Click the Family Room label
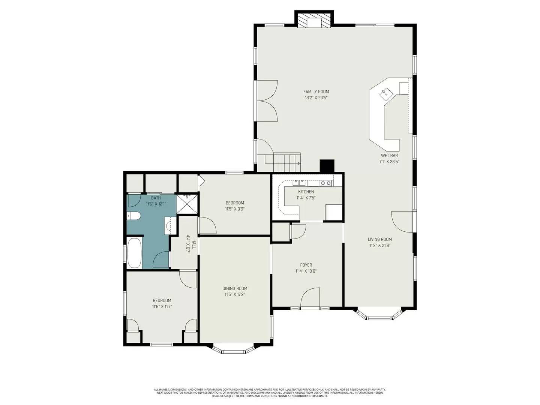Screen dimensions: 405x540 [316, 91]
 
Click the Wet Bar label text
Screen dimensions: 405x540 [389, 156]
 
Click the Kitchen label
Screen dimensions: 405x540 [306, 192]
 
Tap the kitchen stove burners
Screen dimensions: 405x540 [326, 183]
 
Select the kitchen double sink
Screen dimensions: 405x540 [299, 183]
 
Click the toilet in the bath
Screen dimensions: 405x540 [134, 216]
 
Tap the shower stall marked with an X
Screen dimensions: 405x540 [186, 204]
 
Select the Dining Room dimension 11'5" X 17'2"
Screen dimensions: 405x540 [235, 295]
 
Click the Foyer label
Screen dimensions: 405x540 [306, 265]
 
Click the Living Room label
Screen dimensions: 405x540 [379, 239]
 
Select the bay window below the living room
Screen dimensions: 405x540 [379, 316]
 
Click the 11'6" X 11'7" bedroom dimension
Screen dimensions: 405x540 [162, 307]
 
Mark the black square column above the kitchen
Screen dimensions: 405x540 [327, 166]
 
